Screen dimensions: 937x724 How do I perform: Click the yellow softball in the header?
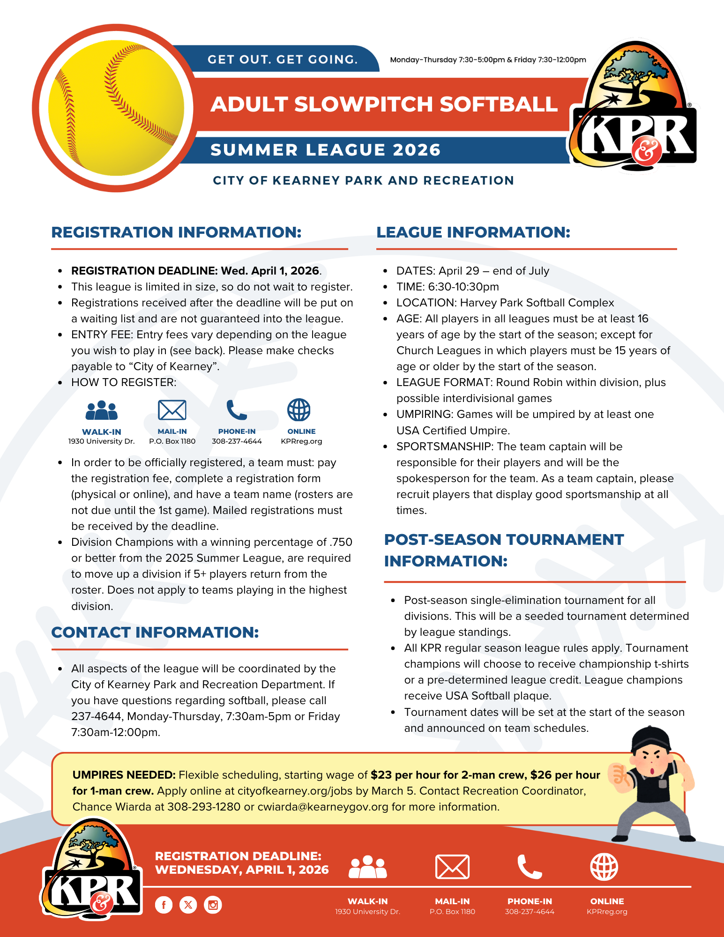(x=116, y=108)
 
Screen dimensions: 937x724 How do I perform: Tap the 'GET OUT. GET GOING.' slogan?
(x=283, y=59)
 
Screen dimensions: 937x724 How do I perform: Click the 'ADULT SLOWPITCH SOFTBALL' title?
(x=384, y=104)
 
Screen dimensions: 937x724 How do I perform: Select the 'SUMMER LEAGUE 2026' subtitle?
(x=325, y=150)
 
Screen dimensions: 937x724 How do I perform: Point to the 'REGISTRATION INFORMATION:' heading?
(x=176, y=232)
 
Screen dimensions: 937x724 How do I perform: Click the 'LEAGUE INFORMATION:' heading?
(x=473, y=232)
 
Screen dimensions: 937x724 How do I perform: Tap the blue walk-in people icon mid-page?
(x=101, y=410)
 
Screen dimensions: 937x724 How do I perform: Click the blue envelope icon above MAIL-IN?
(x=172, y=410)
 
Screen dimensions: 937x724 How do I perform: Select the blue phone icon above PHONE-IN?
(x=237, y=410)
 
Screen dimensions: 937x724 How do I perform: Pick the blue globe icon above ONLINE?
(x=299, y=410)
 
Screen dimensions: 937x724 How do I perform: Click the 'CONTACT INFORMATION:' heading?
(x=155, y=632)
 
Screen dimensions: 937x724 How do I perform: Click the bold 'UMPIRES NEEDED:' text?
(x=124, y=775)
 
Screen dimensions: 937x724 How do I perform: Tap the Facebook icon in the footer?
(x=164, y=905)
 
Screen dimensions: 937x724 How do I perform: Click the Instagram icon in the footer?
(x=213, y=905)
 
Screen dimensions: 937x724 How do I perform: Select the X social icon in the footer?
(x=188, y=905)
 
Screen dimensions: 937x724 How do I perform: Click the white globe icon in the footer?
(x=604, y=867)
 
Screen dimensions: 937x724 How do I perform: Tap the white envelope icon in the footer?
(x=452, y=867)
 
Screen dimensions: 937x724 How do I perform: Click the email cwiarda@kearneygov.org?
(x=323, y=807)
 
